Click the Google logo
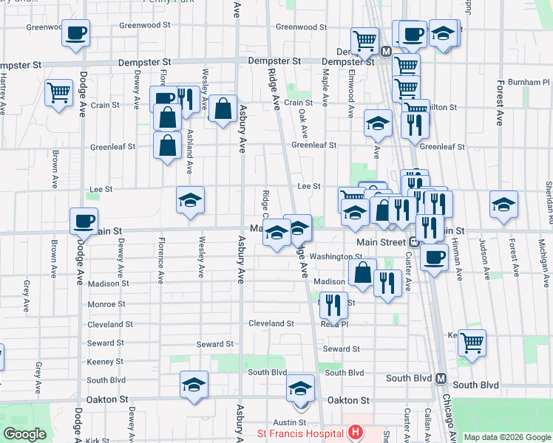(x=25, y=434)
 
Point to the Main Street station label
(x=381, y=242)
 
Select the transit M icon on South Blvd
(x=441, y=378)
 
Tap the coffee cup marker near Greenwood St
(x=75, y=33)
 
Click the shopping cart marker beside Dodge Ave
(x=58, y=93)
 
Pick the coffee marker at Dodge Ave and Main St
(x=84, y=221)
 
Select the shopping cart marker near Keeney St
(x=471, y=343)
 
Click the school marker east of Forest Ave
(x=504, y=205)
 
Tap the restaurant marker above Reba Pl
(x=333, y=303)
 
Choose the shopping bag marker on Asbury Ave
(x=223, y=109)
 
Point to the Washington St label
(x=336, y=257)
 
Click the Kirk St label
(x=98, y=440)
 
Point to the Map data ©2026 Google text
(x=506, y=437)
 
